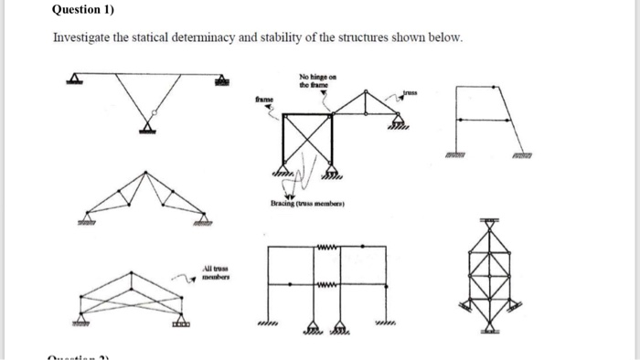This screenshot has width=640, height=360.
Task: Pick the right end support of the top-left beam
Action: tap(219, 82)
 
